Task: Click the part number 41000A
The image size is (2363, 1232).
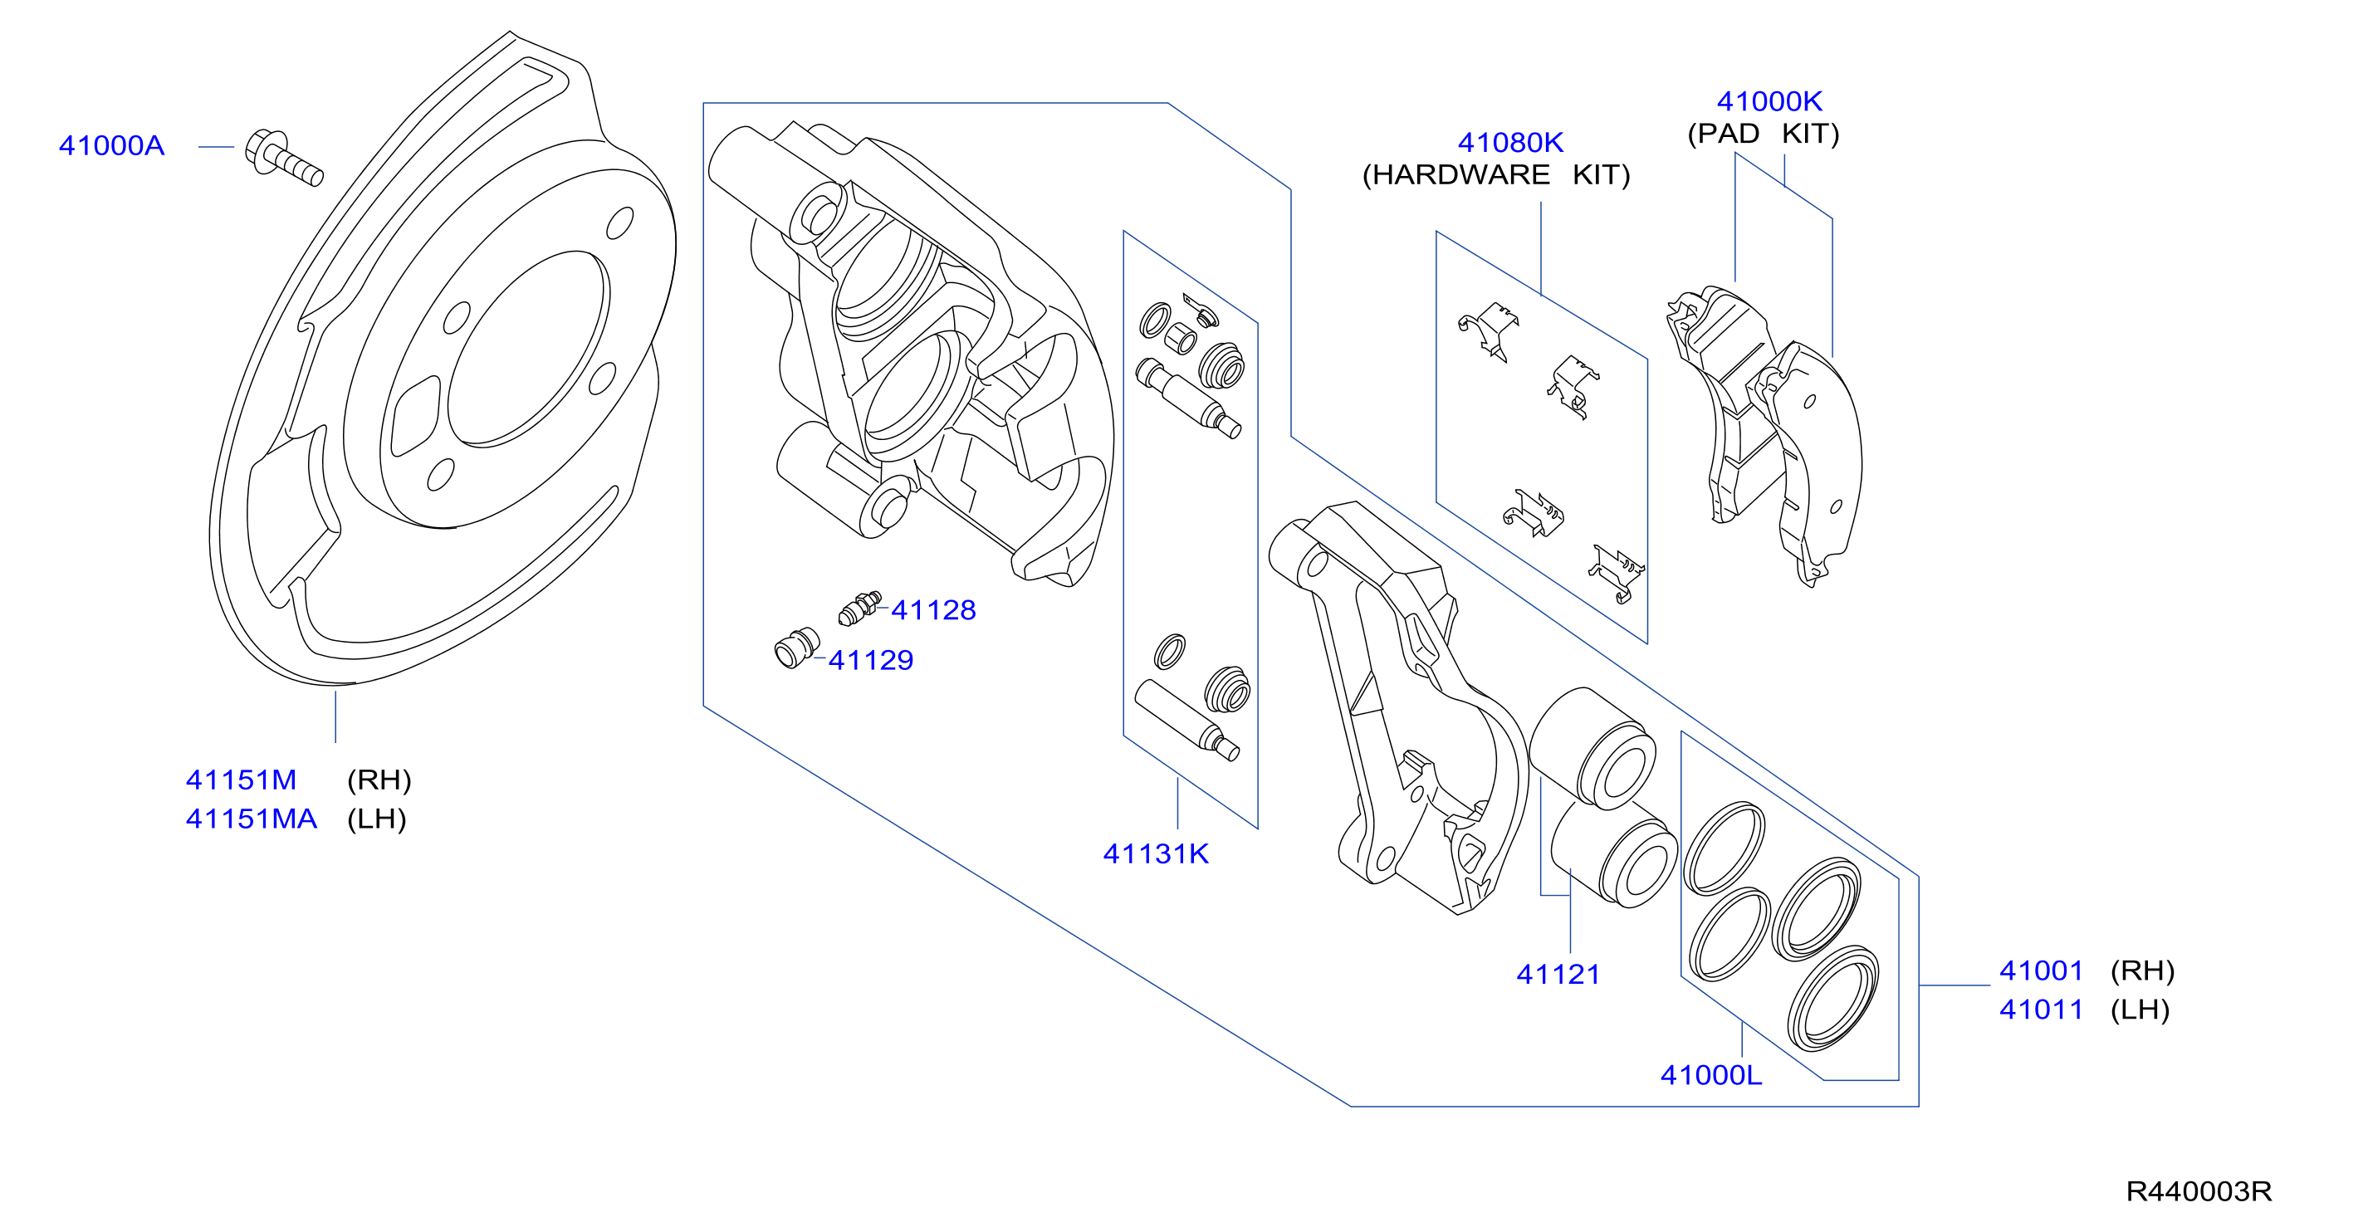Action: pyautogui.click(x=111, y=146)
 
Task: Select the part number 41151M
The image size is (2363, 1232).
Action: pyautogui.click(x=242, y=780)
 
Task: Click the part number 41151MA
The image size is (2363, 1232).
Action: pyautogui.click(x=252, y=819)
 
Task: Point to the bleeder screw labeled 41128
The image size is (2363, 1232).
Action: pyautogui.click(x=859, y=609)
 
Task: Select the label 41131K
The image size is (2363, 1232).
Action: pyautogui.click(x=1156, y=854)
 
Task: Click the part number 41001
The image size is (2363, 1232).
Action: pyautogui.click(x=2041, y=970)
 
